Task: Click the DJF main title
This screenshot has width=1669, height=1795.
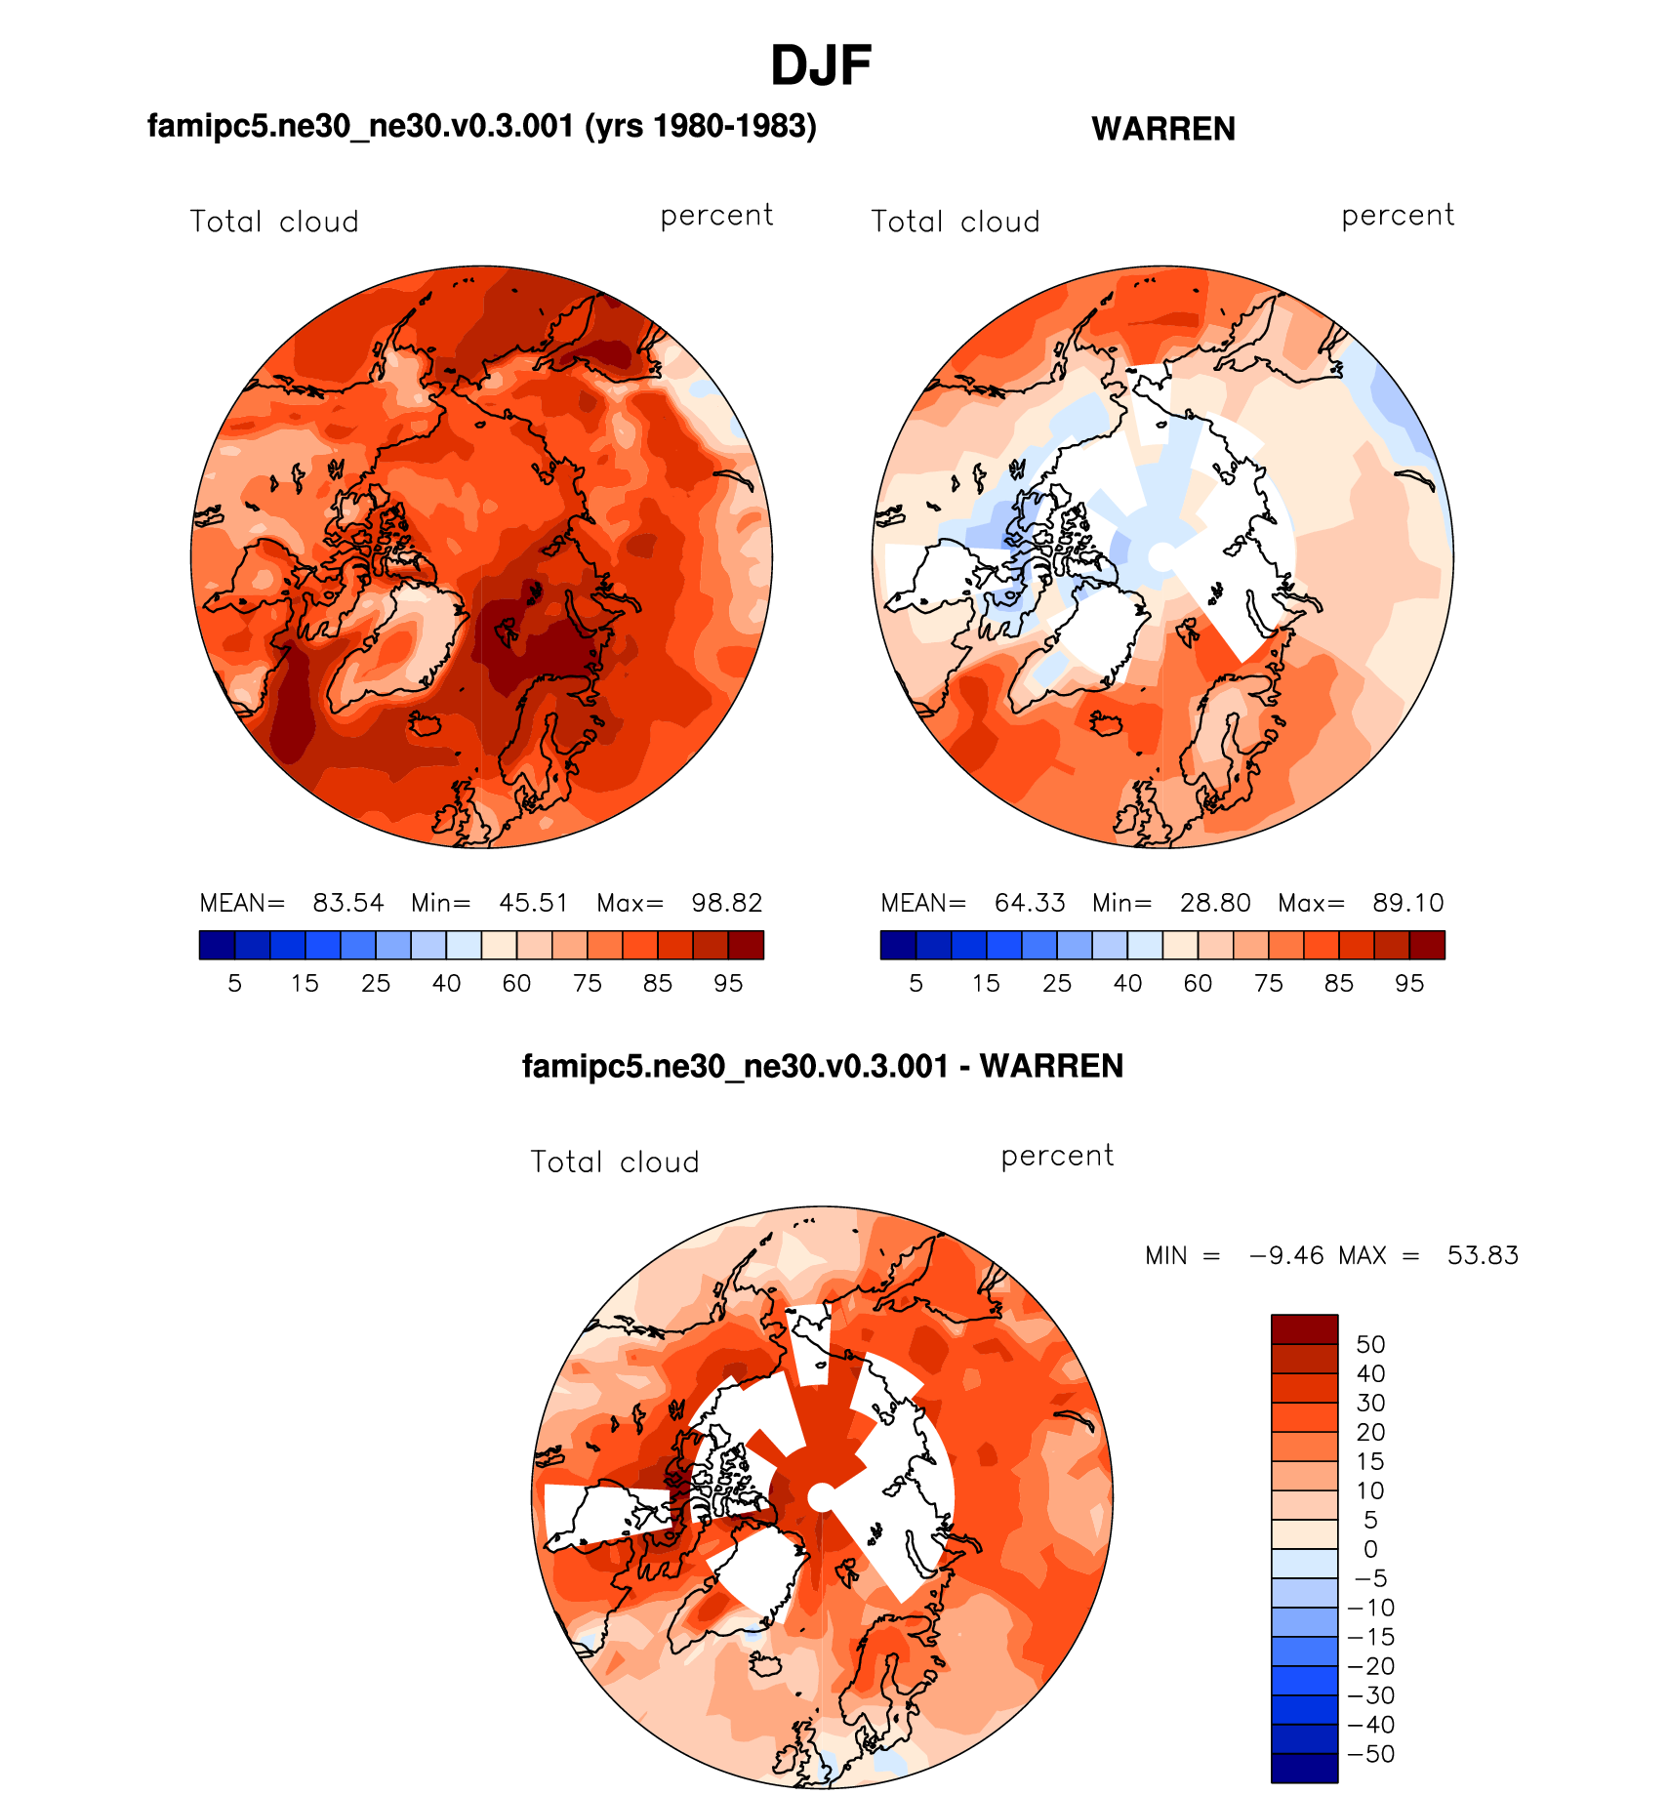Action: tap(820, 66)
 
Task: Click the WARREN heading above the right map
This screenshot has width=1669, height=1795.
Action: tap(1163, 129)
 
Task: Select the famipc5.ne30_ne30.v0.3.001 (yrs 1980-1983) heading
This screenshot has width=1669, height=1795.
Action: tap(481, 126)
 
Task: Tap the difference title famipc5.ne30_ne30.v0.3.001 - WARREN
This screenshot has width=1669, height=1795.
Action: tap(823, 1066)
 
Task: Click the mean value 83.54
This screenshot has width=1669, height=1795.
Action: tap(348, 903)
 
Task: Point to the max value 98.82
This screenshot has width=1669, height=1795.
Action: tap(727, 903)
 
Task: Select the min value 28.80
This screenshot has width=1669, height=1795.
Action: tap(1215, 903)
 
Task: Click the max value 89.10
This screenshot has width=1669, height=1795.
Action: tap(1408, 903)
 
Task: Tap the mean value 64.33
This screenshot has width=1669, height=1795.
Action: tap(1030, 903)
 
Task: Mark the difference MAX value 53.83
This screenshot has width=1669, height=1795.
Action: tap(1483, 1255)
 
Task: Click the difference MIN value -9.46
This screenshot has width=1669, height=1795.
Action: tap(1286, 1255)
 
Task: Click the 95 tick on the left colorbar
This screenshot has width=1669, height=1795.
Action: tap(728, 984)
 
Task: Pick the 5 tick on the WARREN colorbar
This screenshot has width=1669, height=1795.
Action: tap(916, 984)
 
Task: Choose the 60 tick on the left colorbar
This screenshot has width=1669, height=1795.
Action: tap(516, 984)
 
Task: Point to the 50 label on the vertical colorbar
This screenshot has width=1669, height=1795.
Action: tap(1370, 1344)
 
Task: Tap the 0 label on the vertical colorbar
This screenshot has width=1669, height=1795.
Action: tap(1370, 1549)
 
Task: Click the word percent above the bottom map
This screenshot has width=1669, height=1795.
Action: tap(1057, 1157)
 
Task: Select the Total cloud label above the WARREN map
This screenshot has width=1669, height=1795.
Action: tap(956, 223)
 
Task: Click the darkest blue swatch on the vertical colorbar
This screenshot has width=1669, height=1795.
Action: tap(1304, 1768)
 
